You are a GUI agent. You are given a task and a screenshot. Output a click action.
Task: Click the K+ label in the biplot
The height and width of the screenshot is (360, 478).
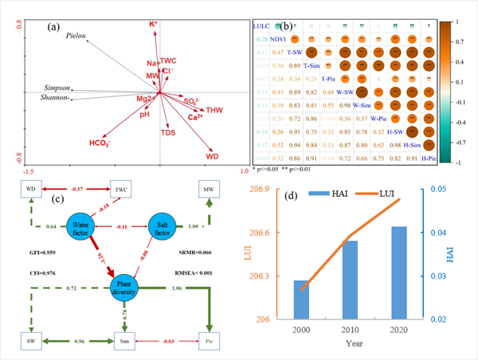(x=153, y=25)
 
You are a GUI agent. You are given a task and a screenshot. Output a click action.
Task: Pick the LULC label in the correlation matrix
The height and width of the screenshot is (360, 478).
(x=261, y=25)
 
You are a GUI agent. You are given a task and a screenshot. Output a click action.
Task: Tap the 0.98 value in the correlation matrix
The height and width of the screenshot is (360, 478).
(x=346, y=105)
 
